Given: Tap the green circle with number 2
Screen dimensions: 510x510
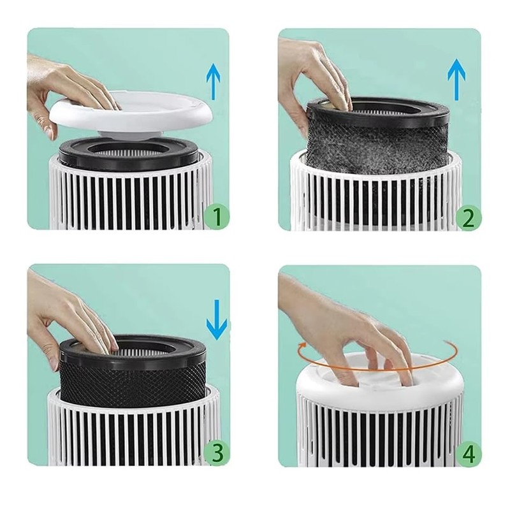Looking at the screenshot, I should [x=469, y=218].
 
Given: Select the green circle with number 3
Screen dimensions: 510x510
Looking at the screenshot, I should [x=217, y=454].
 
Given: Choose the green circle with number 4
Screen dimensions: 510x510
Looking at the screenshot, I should [x=469, y=454].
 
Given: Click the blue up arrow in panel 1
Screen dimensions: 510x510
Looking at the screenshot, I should [x=214, y=83].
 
